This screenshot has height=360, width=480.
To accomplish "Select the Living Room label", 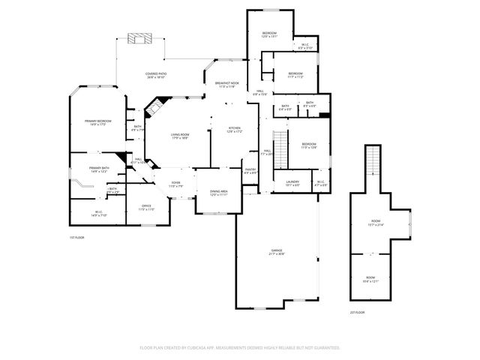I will pyautogui.click(x=180, y=136).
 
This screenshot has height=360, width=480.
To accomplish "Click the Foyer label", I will pyautogui.click(x=175, y=184).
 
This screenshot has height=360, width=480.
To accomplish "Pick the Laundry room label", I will pyautogui.click(x=292, y=182).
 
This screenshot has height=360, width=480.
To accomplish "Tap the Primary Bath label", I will pyautogui.click(x=100, y=169).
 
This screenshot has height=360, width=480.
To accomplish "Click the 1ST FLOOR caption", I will pyautogui.click(x=76, y=237).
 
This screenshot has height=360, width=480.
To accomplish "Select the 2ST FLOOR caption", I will pyautogui.click(x=357, y=312).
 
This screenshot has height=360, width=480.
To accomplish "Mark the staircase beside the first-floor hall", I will pyautogui.click(x=280, y=143).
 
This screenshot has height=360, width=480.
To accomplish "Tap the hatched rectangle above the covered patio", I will pyautogui.click(x=139, y=39).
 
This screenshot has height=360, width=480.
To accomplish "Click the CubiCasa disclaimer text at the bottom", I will pyautogui.click(x=240, y=347).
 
